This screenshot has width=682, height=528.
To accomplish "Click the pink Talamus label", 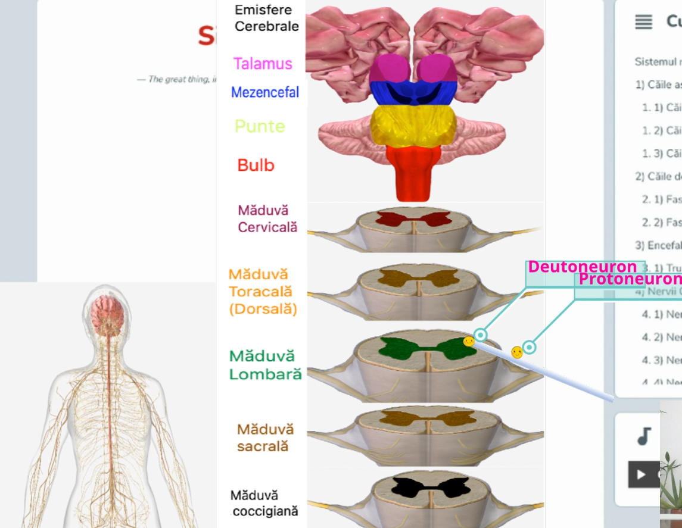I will click(263, 64).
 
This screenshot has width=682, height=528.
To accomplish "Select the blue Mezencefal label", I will click(265, 92).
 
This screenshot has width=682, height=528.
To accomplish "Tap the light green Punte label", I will click(260, 126).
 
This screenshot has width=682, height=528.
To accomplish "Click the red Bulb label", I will click(256, 165).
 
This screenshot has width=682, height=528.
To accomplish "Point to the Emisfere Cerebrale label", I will click(266, 18).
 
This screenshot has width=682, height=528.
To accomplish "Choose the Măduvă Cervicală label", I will click(267, 218).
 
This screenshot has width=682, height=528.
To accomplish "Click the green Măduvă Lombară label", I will click(265, 365).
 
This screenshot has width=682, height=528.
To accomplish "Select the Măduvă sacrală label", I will click(265, 438).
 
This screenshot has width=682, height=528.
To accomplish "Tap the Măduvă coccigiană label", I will click(264, 503).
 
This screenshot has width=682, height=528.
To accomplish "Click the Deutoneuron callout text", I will click(583, 267).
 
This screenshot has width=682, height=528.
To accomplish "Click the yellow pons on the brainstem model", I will click(413, 126).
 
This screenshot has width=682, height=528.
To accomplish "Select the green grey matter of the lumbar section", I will click(396, 349).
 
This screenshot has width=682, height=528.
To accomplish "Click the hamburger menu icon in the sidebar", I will click(643, 22).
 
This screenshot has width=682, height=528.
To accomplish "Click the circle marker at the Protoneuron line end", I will click(529, 346).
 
